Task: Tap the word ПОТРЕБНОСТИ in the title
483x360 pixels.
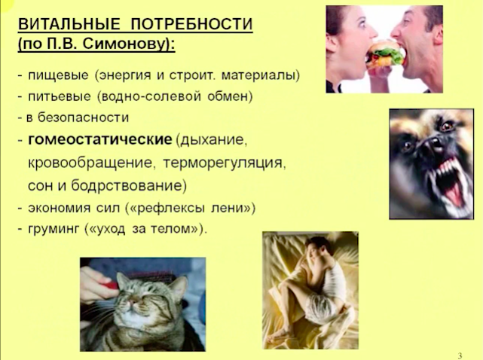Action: [x=191, y=23]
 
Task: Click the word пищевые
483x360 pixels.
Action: [x=58, y=76]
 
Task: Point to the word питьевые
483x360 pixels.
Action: [x=60, y=96]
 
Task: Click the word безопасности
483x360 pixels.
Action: [x=83, y=117]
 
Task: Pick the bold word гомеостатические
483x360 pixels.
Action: [x=99, y=140]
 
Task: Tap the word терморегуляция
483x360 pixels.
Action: [x=225, y=163]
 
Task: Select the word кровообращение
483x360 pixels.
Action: [x=90, y=163]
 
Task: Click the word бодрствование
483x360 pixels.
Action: [x=129, y=186]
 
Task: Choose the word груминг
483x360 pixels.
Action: [x=53, y=229]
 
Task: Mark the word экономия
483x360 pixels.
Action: [x=59, y=208]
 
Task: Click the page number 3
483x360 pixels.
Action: [x=460, y=355]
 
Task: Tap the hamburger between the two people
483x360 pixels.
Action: [x=385, y=54]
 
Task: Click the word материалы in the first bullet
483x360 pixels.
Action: [x=260, y=76]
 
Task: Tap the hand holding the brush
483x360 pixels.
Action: [x=96, y=283]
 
